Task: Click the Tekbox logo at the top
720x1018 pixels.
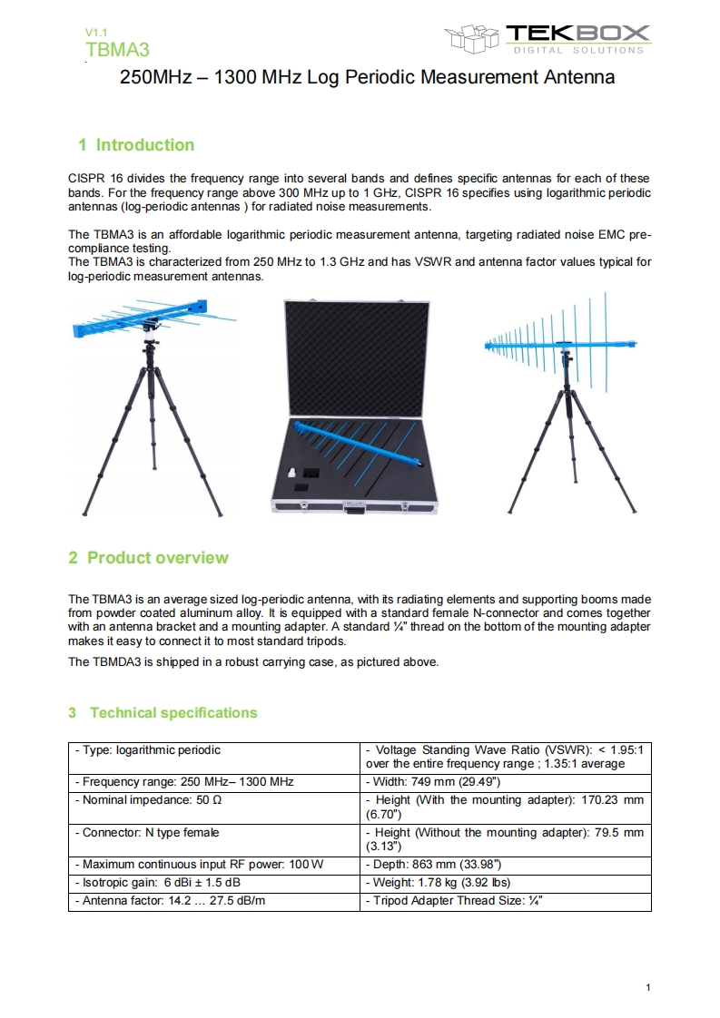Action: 547,38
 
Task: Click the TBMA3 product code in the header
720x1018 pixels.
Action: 117,49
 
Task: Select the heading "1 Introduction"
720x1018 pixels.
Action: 136,145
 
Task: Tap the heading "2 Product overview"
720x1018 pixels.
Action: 148,558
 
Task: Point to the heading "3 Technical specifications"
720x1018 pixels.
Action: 163,713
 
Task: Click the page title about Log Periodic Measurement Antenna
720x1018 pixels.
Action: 368,77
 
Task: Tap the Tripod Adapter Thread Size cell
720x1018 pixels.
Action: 453,902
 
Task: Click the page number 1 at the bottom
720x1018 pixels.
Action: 648,987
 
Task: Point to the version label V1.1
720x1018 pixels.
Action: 94,33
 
